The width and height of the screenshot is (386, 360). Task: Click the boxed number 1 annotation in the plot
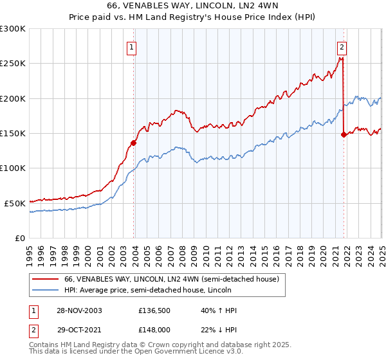pos(131,46)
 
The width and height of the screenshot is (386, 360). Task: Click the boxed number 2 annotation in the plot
pos(342,46)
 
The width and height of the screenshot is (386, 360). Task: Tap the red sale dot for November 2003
pos(133,143)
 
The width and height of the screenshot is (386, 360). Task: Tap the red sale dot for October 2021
pos(344,135)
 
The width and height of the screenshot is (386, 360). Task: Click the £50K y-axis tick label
pos(15,203)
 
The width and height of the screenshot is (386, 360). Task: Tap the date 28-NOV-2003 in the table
pos(78,310)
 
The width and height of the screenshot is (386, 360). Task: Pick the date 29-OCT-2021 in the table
pos(78,328)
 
